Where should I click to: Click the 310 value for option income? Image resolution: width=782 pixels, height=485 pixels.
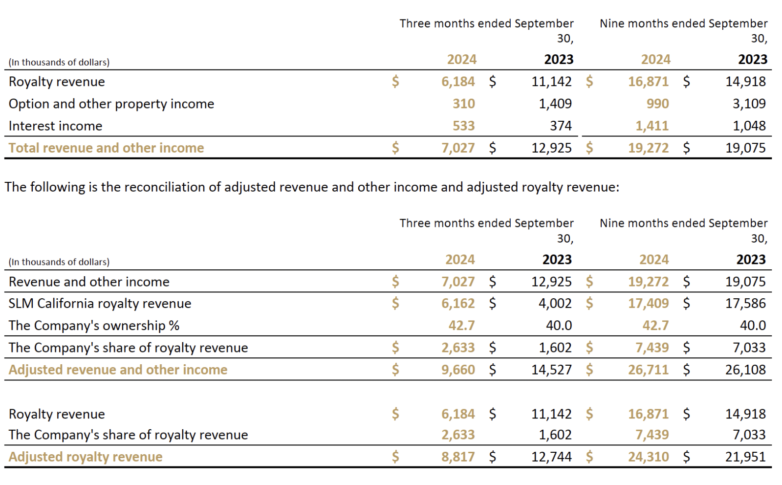point(463,104)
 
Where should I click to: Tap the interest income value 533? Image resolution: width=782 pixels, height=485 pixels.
point(463,126)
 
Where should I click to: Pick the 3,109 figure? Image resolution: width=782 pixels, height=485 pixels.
point(749,104)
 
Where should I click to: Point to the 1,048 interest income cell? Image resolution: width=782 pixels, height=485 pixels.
point(749,126)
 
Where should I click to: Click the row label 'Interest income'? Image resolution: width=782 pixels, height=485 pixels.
point(55,126)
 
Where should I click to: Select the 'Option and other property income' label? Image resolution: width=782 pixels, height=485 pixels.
point(111,104)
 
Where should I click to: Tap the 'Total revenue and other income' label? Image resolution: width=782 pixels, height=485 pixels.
point(106,148)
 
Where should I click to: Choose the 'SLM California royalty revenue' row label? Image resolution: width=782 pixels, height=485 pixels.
point(100,303)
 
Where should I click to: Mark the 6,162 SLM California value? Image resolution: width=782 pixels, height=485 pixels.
point(457,303)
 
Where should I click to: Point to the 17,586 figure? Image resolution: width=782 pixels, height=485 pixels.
point(745,303)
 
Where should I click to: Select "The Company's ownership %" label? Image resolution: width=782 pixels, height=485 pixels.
point(94,325)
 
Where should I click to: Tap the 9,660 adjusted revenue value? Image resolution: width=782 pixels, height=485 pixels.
point(457,369)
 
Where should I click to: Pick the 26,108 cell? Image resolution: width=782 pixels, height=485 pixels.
point(745,369)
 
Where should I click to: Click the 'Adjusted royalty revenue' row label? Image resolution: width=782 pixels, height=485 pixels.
point(86,457)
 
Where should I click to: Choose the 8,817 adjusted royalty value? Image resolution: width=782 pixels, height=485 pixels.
point(457,457)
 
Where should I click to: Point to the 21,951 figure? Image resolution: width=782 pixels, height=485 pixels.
point(745,457)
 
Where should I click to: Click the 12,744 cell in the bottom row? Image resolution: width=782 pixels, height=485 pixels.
point(551,457)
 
